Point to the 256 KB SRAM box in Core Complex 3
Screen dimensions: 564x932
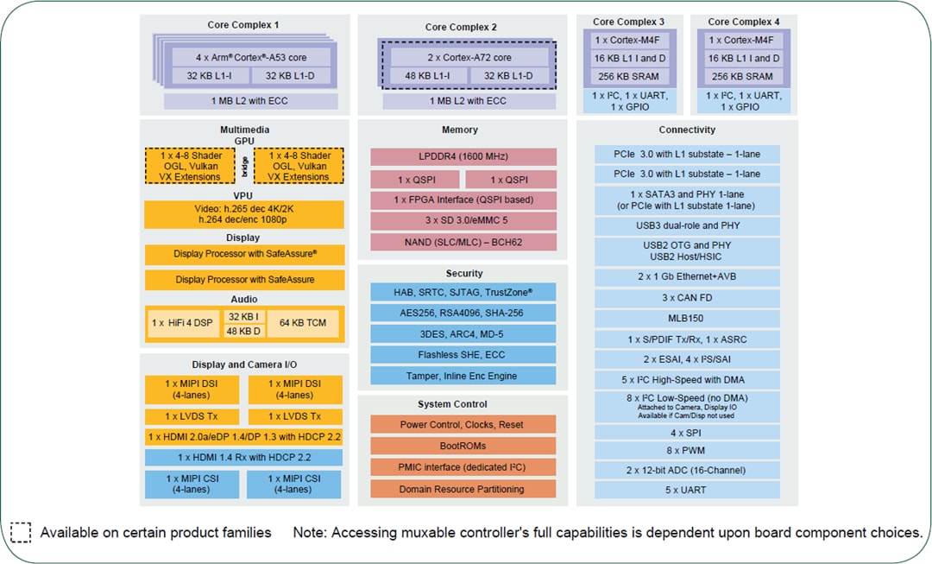pyautogui.click(x=629, y=76)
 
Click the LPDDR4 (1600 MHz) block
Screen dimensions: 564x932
pyautogui.click(x=463, y=157)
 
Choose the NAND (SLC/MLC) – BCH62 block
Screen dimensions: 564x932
pyautogui.click(x=463, y=242)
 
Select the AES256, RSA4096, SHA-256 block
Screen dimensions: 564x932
pyautogui.click(x=463, y=313)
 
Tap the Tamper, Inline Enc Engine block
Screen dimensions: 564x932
pyautogui.click(x=463, y=376)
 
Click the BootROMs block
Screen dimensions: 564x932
pyautogui.click(x=463, y=446)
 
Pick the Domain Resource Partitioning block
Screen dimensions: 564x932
pyautogui.click(x=463, y=489)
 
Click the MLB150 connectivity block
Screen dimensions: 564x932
pyautogui.click(x=687, y=318)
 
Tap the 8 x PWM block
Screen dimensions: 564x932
pyautogui.click(x=687, y=450)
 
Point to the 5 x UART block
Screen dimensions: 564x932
pyautogui.click(x=687, y=490)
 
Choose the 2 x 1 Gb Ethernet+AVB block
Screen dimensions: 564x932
pyautogui.click(x=687, y=277)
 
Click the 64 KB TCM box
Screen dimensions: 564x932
pyautogui.click(x=303, y=322)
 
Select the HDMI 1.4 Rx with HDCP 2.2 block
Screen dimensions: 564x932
pyautogui.click(x=244, y=457)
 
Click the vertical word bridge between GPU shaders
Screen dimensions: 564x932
pyautogui.click(x=245, y=165)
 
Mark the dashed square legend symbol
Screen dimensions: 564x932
pyautogui.click(x=21, y=532)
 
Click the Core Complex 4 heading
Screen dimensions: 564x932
pyautogui.click(x=744, y=22)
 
